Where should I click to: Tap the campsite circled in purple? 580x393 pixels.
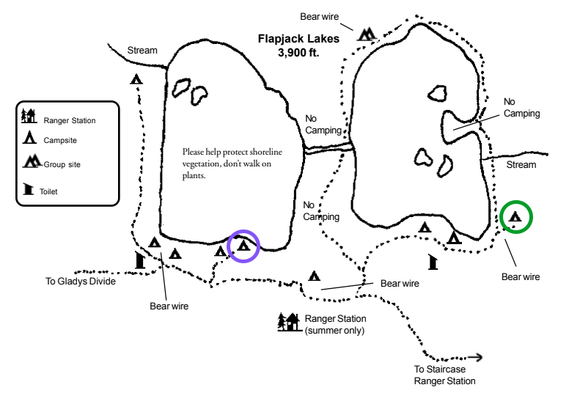pos(243,245)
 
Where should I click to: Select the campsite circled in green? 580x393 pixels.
pos(515,216)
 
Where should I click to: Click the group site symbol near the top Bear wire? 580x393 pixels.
pos(367,34)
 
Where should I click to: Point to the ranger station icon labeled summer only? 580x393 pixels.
pos(289,322)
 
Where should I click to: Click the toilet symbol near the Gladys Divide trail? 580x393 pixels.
pos(140,260)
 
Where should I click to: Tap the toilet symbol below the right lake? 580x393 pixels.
pos(433,262)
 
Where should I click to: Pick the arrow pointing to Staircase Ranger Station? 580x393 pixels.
pos(475,357)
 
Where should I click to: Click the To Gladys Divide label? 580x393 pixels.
pos(81,282)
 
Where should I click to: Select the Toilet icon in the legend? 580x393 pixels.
pos(28,189)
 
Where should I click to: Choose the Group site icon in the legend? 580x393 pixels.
pos(32,161)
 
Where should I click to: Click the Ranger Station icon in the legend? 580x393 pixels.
pos(29,116)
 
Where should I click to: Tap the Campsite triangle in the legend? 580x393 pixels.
pos(29,138)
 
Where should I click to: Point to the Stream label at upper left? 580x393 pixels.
pos(142,51)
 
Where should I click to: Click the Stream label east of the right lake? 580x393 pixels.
pos(521,165)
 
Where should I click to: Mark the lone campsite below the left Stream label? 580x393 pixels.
pos(136,79)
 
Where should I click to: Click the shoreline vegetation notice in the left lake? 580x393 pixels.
pos(232,164)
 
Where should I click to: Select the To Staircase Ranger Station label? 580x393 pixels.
pos(444,375)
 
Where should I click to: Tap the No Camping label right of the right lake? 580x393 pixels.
pos(521,108)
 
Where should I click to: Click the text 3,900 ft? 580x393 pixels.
pos(298,53)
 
